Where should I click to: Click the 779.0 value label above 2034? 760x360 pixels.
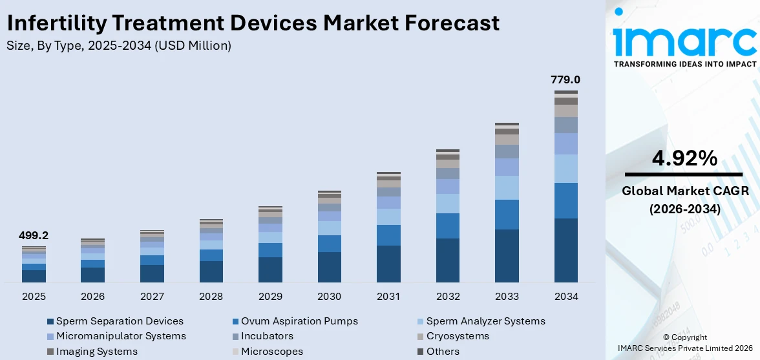point(565,80)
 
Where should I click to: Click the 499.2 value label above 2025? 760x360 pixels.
point(34,236)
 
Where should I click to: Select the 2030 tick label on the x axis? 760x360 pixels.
point(330,297)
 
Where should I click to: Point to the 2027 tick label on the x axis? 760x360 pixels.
point(152,297)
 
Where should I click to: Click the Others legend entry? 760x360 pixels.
point(443,352)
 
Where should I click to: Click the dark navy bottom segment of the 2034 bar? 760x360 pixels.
point(566,251)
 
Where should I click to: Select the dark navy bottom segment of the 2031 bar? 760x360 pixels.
point(388,264)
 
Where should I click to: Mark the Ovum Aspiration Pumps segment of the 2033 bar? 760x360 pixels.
point(507,215)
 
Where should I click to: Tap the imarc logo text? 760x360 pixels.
point(684,40)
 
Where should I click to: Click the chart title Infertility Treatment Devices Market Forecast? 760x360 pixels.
point(253,23)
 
